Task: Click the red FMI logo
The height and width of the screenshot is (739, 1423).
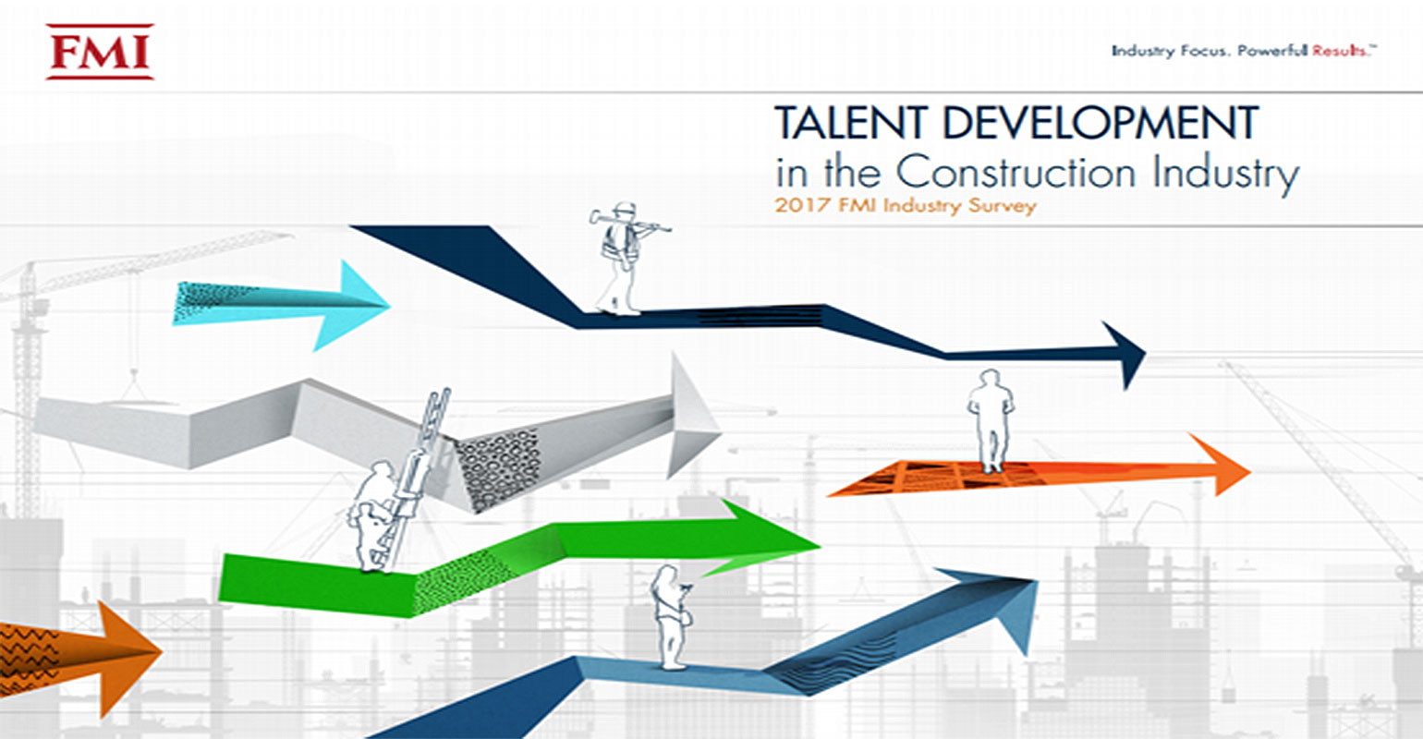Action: (100, 52)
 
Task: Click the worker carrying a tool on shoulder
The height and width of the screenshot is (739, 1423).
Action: (619, 259)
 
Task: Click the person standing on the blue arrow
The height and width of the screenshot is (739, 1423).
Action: (670, 614)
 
